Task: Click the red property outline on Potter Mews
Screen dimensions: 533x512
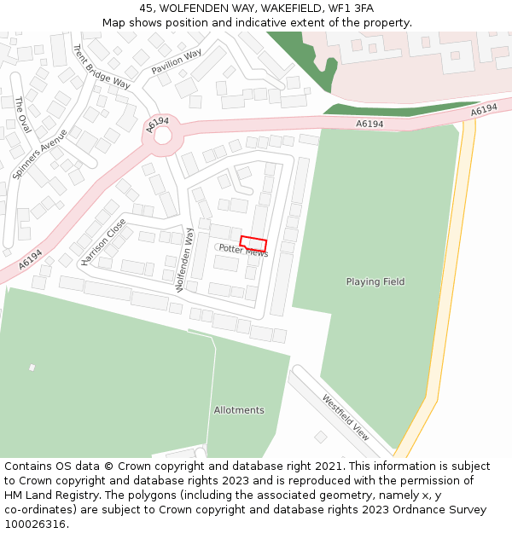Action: coord(253,244)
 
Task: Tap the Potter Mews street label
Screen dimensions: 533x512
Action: coord(243,251)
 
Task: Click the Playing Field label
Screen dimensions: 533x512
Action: coord(375,281)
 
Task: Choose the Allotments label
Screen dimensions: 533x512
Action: coord(239,410)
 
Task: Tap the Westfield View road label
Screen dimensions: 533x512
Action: coord(346,417)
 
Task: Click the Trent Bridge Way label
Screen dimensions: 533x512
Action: coord(101,67)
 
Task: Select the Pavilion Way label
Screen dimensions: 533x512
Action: coord(177,61)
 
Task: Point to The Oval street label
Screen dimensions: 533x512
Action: coord(22,114)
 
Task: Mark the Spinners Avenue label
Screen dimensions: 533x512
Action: coord(40,154)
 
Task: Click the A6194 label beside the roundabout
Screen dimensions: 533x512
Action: coord(158,125)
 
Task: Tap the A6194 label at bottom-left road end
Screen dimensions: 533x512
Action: coord(30,258)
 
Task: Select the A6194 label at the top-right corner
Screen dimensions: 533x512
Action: coord(483,111)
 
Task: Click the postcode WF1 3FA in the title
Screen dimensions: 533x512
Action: coord(349,9)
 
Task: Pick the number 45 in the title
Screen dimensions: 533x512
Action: coord(146,9)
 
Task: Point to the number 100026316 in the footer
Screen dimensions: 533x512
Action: coord(35,524)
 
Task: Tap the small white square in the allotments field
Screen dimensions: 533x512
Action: coord(32,368)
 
